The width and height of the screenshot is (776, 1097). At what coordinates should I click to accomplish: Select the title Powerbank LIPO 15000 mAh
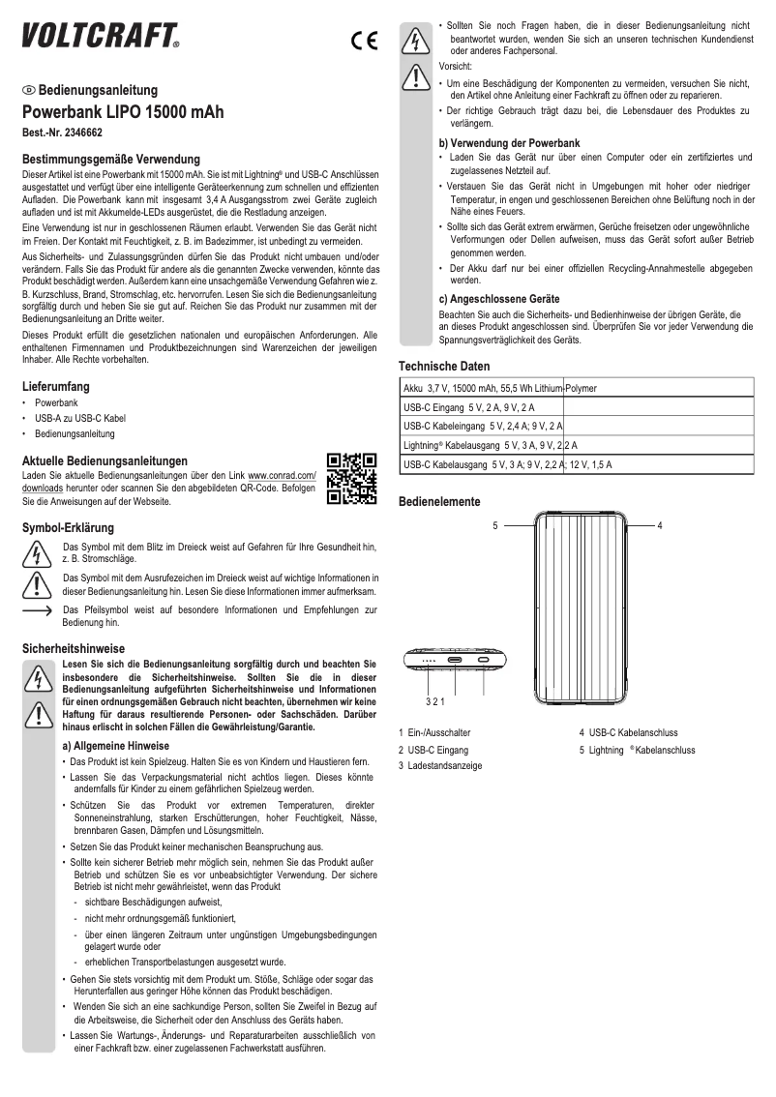click(123, 112)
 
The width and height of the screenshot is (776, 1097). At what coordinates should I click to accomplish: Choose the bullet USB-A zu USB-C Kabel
click(80, 418)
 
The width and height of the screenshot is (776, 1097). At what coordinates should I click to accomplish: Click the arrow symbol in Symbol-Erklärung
click(37, 611)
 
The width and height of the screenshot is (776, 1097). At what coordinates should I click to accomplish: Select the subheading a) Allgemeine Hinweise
click(115, 746)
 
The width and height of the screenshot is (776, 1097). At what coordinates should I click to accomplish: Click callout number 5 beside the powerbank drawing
click(494, 525)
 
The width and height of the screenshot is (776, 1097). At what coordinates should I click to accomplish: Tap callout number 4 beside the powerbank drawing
click(659, 525)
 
